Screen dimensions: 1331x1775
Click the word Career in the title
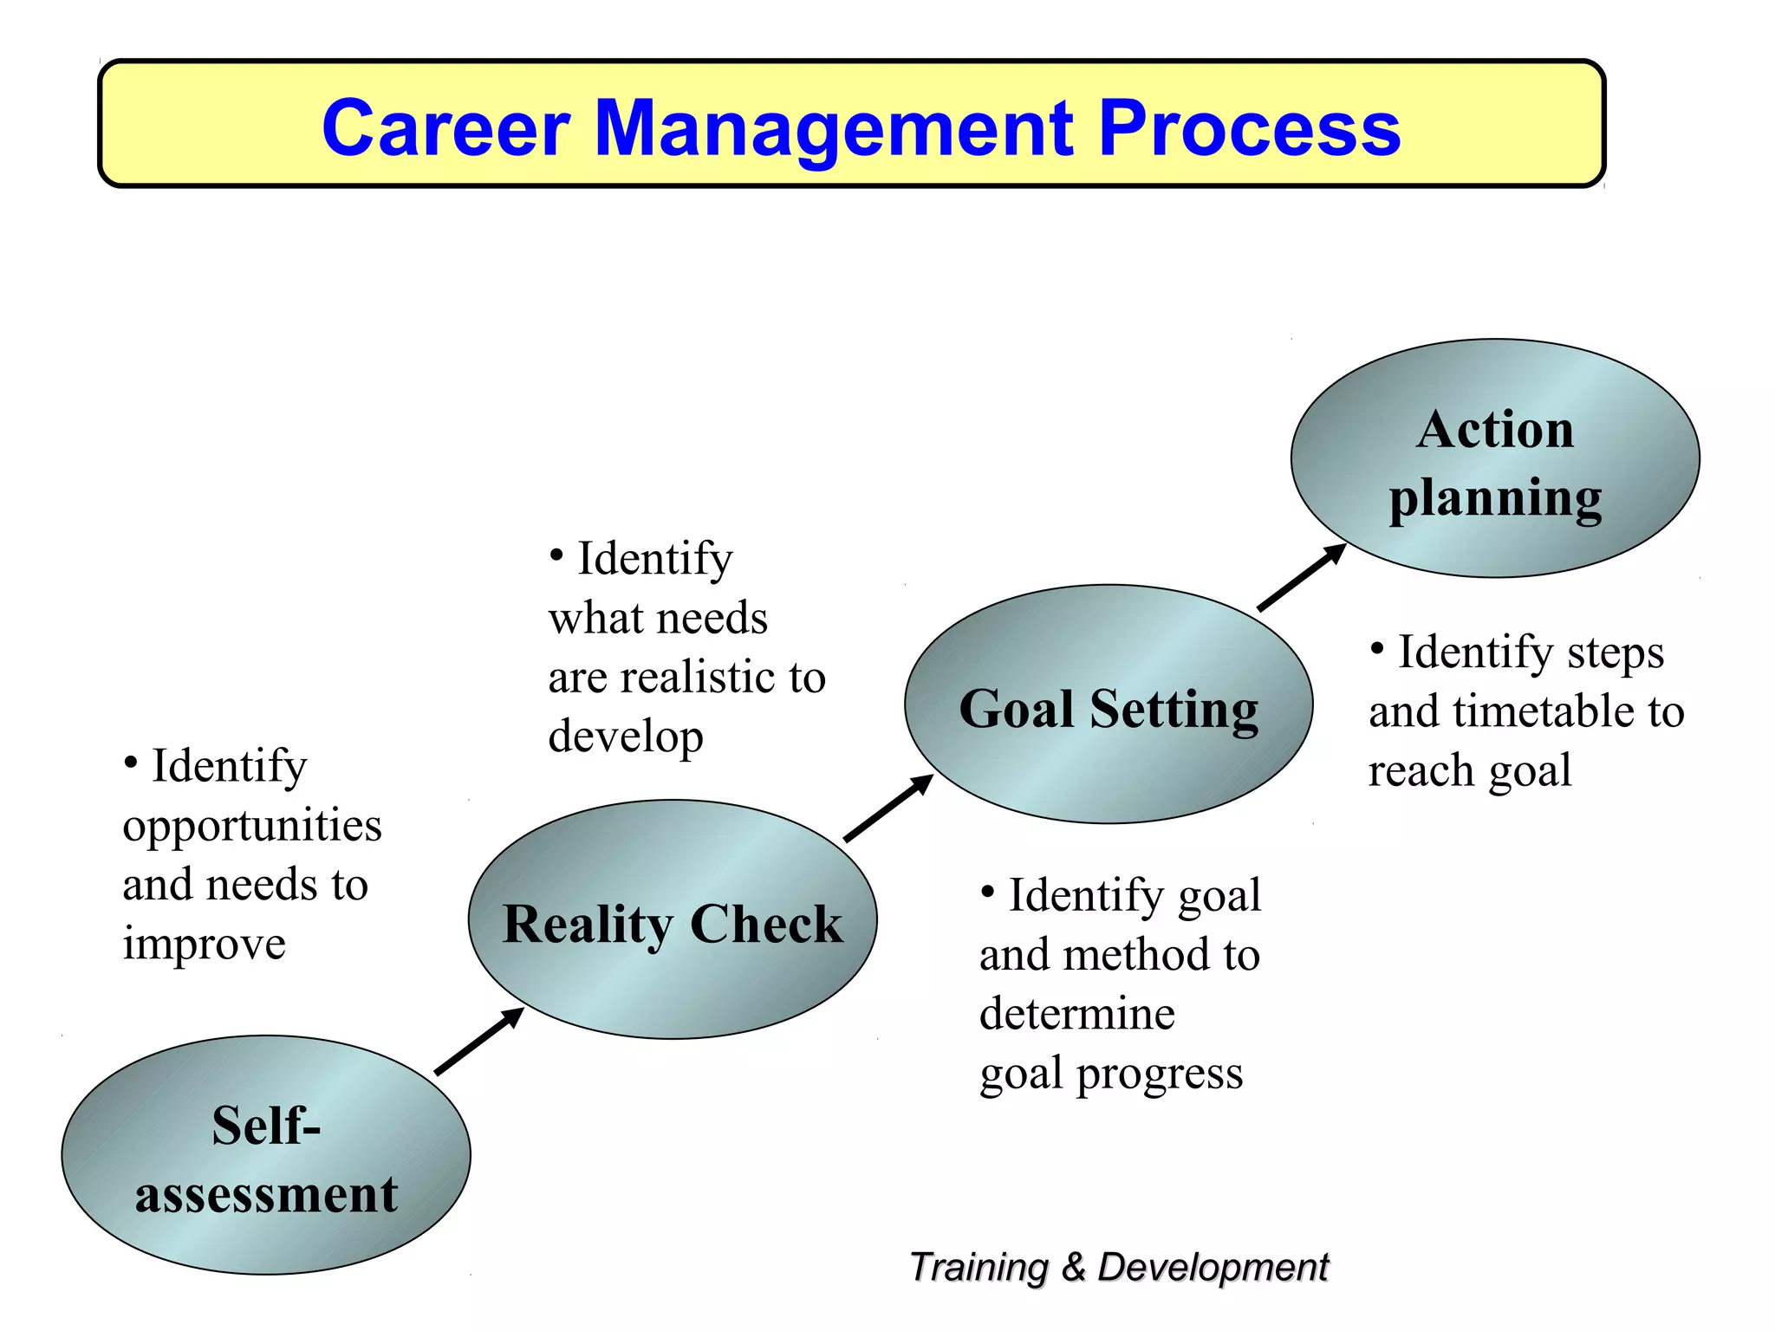(445, 128)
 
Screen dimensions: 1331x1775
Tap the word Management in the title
(833, 128)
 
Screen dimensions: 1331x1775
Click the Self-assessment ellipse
(266, 1155)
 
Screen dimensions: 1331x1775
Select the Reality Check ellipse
(673, 920)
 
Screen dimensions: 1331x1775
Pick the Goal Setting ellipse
(1109, 705)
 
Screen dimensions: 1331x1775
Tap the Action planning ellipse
(1495, 459)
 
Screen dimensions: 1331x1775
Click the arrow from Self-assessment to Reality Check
(479, 1042)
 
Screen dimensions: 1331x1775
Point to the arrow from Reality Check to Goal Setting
(888, 808)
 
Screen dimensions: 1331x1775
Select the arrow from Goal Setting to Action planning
(1302, 578)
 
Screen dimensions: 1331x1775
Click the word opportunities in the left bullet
(252, 826)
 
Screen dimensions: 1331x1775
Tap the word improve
(204, 943)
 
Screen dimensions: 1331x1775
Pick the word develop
(626, 737)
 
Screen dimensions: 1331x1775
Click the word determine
(1077, 1013)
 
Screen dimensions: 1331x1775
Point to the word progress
(1160, 1075)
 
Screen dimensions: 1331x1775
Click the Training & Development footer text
(1118, 1267)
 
